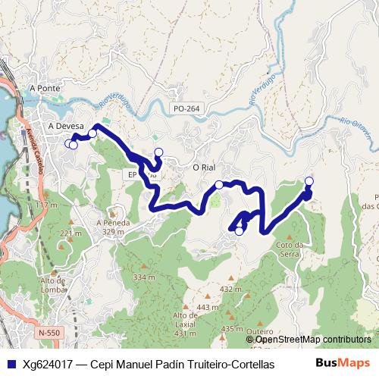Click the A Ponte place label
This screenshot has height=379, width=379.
(44, 89)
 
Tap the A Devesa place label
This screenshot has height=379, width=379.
(64, 126)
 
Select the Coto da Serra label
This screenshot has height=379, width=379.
(290, 248)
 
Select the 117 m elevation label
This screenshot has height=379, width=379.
(47, 205)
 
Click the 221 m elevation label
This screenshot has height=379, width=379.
(69, 233)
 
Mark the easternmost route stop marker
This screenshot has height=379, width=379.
(309, 180)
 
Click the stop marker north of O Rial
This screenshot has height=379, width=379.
(158, 152)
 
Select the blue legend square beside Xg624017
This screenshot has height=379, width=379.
(9, 364)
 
